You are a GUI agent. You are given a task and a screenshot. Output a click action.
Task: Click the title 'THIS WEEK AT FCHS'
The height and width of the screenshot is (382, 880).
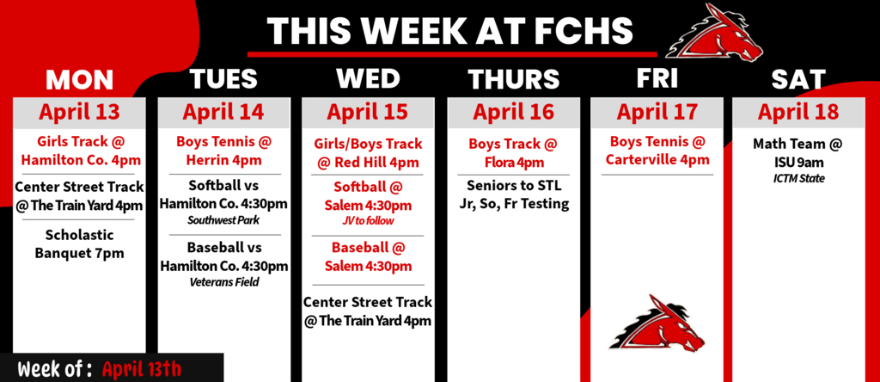pos(449,31)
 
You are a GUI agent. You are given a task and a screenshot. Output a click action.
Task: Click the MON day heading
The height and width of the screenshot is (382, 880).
pos(79,80)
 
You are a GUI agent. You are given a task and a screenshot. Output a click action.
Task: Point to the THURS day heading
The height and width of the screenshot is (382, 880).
pos(513,80)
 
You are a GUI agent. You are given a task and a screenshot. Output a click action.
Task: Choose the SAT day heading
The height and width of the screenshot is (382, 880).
pos(798,80)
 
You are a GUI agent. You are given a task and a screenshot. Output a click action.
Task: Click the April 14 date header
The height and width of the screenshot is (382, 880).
pos(223,112)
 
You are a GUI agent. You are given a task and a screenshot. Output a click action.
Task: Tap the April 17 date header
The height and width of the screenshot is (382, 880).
pos(657,112)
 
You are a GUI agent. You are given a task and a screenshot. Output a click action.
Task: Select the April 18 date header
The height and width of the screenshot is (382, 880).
pos(798,112)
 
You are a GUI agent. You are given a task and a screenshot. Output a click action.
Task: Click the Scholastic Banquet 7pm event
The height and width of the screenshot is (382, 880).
pos(79,244)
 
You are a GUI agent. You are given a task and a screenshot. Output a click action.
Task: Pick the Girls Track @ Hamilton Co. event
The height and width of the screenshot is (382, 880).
pos(79,151)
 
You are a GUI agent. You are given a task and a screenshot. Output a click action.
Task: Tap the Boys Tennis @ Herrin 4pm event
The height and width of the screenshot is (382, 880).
pos(223,151)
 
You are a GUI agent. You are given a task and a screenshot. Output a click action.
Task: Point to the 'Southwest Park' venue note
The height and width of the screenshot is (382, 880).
pos(223,221)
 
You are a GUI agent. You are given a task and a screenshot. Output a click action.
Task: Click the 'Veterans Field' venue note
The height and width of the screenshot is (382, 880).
pos(223,281)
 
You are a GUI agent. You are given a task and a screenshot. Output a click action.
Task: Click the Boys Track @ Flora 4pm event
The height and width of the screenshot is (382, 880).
pos(513,151)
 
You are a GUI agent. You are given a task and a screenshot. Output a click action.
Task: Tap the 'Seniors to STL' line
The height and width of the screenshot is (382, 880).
pos(513,186)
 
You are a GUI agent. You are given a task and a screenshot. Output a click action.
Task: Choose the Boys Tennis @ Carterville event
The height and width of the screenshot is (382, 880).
pos(657,151)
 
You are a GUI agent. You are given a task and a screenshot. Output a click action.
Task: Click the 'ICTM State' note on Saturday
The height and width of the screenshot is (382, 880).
pos(798,178)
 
